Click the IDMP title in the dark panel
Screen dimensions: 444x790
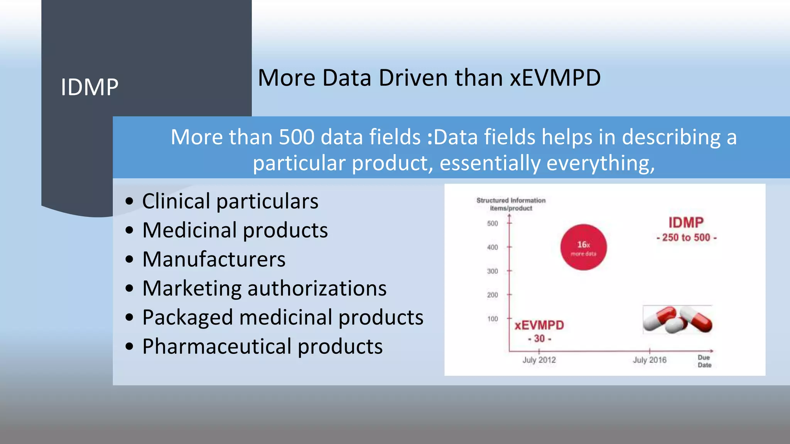coord(89,87)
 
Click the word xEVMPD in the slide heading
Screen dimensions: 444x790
coord(555,78)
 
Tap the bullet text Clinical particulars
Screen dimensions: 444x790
coord(230,201)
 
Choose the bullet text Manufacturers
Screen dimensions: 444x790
coord(214,259)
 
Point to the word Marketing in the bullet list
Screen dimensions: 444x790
coord(192,288)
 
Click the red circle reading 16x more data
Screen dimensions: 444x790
coord(583,247)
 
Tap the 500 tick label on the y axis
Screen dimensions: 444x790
coord(492,224)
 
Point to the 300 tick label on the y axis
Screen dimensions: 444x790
coord(492,271)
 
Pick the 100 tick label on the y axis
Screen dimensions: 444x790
coord(492,319)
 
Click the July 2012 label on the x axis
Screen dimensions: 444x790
coord(539,360)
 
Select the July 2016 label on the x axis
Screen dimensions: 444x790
coord(650,360)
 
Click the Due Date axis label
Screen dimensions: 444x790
coord(704,361)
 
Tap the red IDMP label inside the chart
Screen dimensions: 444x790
coord(686,223)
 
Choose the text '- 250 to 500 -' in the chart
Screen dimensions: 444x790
coord(686,238)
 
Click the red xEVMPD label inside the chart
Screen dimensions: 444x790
coord(539,325)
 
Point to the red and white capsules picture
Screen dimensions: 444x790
coord(677,320)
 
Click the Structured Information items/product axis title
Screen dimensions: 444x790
coord(511,204)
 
